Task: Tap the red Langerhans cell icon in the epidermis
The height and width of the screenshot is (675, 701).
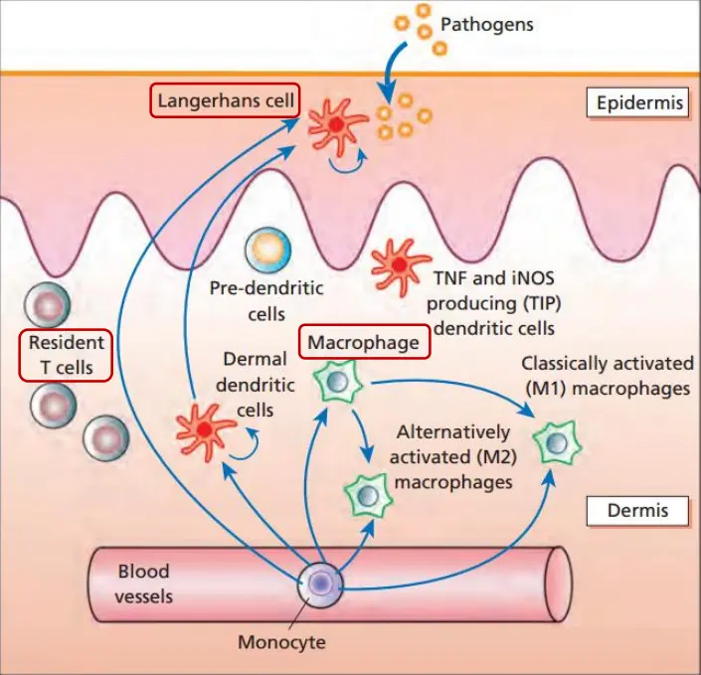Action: coord(336,125)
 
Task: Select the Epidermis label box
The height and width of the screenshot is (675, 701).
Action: coord(636,102)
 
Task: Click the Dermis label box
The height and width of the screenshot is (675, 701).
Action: coord(636,511)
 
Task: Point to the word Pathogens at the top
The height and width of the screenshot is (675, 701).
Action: coord(487,24)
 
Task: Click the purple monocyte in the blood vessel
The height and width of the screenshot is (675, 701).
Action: coord(321,584)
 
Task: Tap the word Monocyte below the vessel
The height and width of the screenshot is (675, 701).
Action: coord(281,641)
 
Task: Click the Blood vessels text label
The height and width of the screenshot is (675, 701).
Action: coord(144,584)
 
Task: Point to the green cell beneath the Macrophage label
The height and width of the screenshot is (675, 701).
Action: coord(337,383)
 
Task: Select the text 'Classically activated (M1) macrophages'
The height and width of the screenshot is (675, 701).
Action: coord(607,376)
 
